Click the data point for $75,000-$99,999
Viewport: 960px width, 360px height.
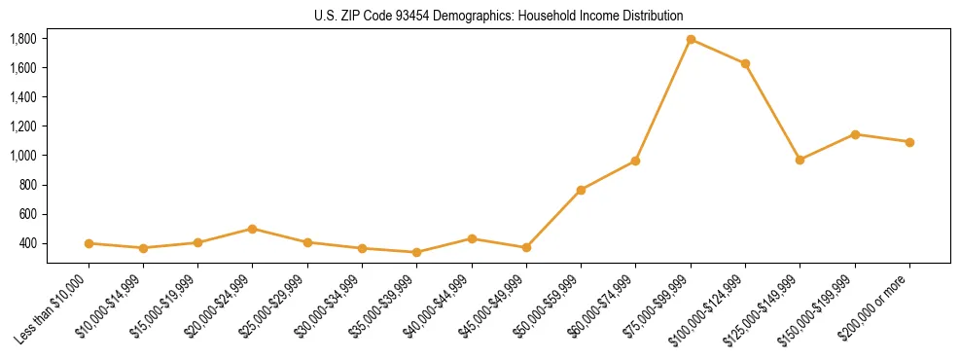[x=691, y=39]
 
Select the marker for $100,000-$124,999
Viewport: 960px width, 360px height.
[x=745, y=64]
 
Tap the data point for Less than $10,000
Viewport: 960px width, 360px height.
[x=89, y=243]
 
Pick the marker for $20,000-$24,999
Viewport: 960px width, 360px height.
[x=252, y=229]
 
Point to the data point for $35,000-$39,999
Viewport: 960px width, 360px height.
[x=416, y=252]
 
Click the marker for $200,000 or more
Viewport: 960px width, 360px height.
[x=909, y=142]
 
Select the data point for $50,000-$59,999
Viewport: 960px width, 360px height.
[x=581, y=190]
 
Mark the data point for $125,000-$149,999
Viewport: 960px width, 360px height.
[x=800, y=160]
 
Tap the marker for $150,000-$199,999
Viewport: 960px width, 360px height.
[x=855, y=134]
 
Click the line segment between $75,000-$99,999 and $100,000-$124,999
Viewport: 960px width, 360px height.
[x=718, y=52]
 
